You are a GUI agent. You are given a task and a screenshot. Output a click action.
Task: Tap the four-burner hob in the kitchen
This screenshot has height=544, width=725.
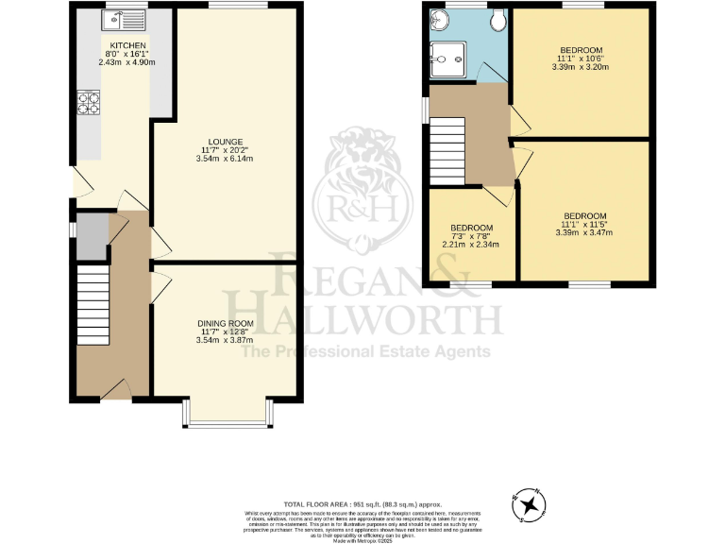(x=88, y=103)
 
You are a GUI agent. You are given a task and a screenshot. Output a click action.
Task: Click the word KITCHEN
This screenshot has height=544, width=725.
(x=126, y=46)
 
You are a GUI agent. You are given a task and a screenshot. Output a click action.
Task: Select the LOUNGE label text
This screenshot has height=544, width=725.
(x=226, y=144)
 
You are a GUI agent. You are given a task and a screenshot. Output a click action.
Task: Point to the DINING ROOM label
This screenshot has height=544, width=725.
(x=225, y=325)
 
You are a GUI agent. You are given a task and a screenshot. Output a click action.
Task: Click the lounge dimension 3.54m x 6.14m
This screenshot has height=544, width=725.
(x=226, y=160)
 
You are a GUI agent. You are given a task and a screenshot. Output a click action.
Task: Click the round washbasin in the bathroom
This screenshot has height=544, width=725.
(x=437, y=19)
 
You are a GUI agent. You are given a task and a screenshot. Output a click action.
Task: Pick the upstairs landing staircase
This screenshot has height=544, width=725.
(x=447, y=150)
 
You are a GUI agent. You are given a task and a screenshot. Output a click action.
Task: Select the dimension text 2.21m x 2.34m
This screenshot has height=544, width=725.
(x=471, y=245)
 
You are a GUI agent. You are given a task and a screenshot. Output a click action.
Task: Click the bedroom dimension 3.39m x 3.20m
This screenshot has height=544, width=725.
(x=582, y=66)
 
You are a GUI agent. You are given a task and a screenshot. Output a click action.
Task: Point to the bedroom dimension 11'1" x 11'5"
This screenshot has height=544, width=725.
(x=584, y=224)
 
